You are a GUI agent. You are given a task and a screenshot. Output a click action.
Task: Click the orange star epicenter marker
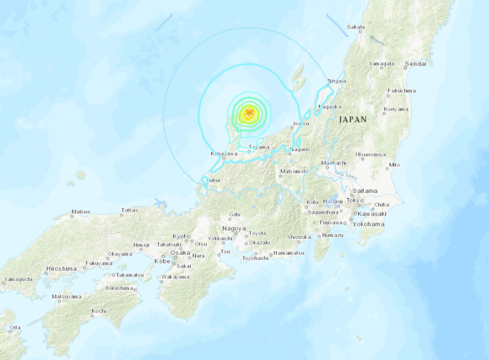[249, 112]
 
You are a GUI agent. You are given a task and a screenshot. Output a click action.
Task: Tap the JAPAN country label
[352, 120]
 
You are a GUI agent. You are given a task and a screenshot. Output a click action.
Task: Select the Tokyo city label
[355, 200]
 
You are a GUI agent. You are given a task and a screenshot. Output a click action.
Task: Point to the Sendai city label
[415, 64]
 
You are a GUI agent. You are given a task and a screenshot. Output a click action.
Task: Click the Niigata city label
[337, 81]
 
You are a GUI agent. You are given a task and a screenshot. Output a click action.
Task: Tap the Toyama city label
[259, 147]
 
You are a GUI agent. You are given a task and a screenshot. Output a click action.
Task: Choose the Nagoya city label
[234, 228]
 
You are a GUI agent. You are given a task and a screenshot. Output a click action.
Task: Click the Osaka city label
[180, 253]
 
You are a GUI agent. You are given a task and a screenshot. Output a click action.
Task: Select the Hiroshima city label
[62, 269]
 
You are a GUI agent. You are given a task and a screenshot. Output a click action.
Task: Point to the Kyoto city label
[181, 236]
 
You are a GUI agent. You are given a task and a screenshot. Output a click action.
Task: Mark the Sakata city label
[356, 27]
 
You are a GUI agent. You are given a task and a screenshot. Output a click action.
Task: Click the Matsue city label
[81, 212]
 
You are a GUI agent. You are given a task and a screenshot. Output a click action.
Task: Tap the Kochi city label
[99, 311]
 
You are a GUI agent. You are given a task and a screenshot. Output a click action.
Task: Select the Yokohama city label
[369, 224]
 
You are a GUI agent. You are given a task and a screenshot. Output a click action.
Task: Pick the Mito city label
[394, 165]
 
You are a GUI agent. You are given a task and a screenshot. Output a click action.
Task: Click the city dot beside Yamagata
[381, 68]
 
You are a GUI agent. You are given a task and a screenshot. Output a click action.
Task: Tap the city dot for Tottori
[121, 215]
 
